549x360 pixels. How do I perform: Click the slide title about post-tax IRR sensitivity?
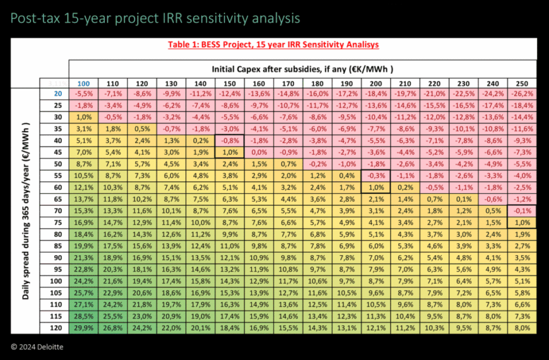coord(155,17)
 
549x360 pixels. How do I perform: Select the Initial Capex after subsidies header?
coord(303,69)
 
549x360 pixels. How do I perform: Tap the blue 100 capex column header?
coord(84,83)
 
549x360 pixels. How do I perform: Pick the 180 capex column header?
coord(317,83)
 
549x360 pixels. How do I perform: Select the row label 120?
coord(57,328)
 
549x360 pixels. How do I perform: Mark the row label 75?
coord(57,222)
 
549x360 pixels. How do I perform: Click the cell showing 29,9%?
coord(84,328)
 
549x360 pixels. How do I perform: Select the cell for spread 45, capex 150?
coord(230,152)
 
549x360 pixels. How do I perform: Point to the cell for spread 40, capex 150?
coord(230,140)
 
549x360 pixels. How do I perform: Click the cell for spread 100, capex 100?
coord(84,281)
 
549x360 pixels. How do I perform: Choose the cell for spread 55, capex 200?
coord(375,176)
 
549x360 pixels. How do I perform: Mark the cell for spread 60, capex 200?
coord(375,188)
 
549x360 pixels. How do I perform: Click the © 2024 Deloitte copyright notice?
coord(37,347)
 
